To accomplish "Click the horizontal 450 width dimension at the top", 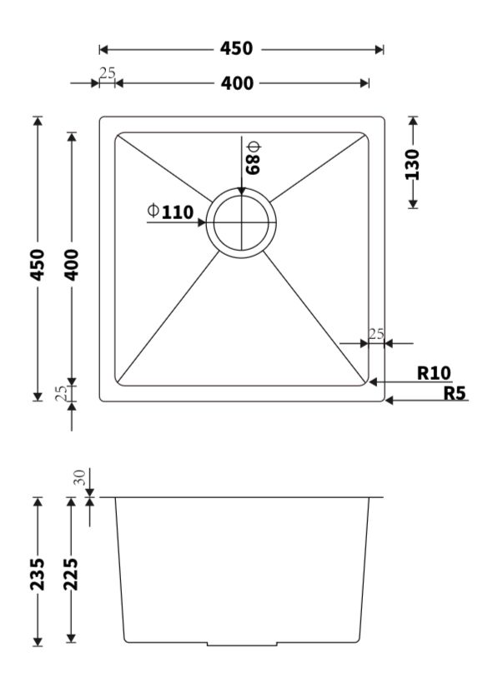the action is pyautogui.click(x=236, y=48).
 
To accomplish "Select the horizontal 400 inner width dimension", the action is pyautogui.click(x=237, y=83).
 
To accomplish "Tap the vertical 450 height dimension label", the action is pyautogui.click(x=38, y=265).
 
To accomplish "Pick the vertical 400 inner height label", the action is pyautogui.click(x=72, y=265).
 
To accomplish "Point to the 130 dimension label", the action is pyautogui.click(x=412, y=164).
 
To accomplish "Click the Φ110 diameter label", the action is pyautogui.click(x=170, y=212).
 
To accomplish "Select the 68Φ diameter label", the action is pyautogui.click(x=254, y=157).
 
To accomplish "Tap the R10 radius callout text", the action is pyautogui.click(x=434, y=373).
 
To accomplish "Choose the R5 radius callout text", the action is pyautogui.click(x=455, y=392).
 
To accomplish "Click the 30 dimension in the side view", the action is pyautogui.click(x=80, y=477).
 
